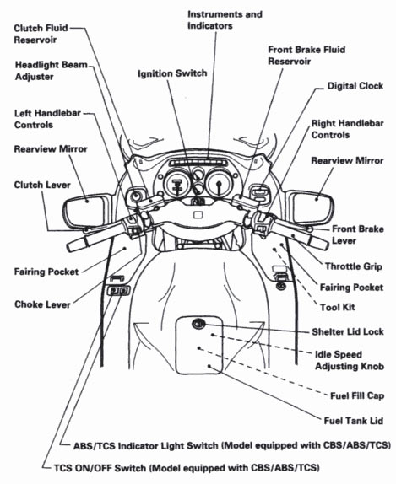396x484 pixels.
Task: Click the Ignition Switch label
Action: (x=172, y=73)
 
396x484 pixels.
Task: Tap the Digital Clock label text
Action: (x=355, y=86)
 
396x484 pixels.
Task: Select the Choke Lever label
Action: (x=42, y=304)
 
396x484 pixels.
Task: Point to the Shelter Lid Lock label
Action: (x=348, y=332)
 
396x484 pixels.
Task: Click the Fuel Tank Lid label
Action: (x=353, y=421)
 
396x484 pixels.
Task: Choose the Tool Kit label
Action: (x=337, y=308)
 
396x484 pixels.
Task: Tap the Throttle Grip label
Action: (x=353, y=266)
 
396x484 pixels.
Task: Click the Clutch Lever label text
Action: (x=42, y=185)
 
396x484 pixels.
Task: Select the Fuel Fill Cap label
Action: (x=357, y=395)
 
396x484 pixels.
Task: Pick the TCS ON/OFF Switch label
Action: (x=187, y=468)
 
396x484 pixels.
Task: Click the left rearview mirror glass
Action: (x=84, y=212)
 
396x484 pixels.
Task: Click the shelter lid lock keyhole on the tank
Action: (x=198, y=324)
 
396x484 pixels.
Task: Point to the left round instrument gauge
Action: (x=177, y=185)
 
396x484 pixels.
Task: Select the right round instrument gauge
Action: (x=220, y=183)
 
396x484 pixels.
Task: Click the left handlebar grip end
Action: (x=72, y=246)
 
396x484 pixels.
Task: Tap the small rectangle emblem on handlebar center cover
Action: (x=198, y=214)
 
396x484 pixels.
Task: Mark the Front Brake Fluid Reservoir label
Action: (x=306, y=56)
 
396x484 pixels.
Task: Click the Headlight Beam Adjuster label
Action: (x=51, y=71)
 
